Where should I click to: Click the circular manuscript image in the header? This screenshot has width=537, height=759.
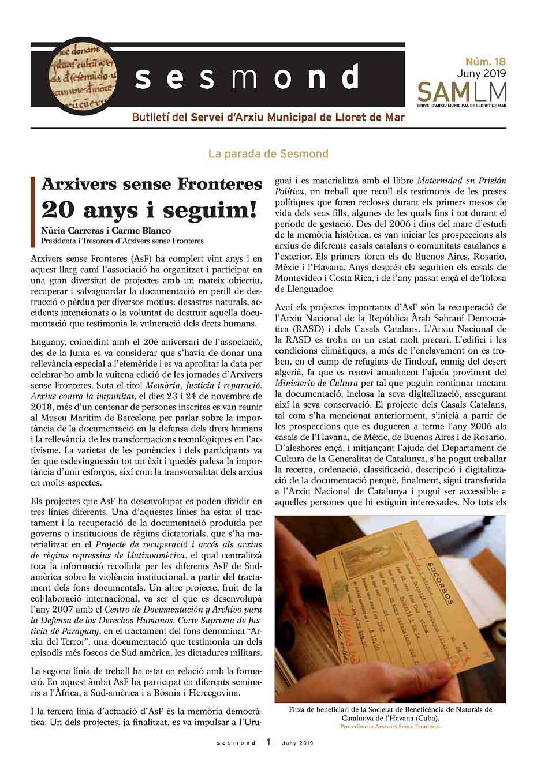pyautogui.click(x=81, y=76)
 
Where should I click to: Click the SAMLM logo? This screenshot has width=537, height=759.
pyautogui.click(x=461, y=92)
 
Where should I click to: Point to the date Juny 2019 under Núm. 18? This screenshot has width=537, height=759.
pyautogui.click(x=481, y=73)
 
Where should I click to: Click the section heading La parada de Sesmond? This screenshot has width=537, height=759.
pyautogui.click(x=268, y=154)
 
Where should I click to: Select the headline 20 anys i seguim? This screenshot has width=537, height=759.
pyautogui.click(x=149, y=209)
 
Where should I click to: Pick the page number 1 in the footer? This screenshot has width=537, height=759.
pyautogui.click(x=268, y=742)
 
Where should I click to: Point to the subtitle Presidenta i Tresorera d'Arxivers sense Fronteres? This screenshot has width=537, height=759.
pyautogui.click(x=122, y=241)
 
